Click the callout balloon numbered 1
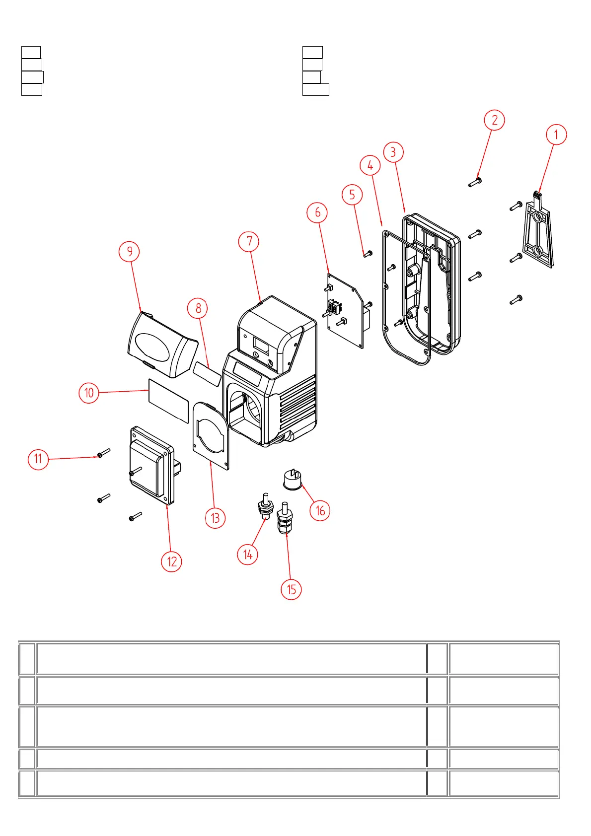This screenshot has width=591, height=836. [556, 135]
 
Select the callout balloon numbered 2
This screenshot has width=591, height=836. [494, 120]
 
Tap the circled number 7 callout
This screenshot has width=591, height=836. [249, 242]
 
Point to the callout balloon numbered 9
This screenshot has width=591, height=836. [129, 251]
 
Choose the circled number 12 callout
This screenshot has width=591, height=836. [171, 561]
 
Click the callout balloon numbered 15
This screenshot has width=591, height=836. [291, 589]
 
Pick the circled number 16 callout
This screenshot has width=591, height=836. [320, 510]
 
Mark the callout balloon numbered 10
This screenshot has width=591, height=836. [89, 393]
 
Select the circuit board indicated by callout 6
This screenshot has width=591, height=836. [346, 310]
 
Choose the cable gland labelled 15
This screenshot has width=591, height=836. [285, 519]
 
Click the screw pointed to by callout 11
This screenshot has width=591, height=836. [103, 453]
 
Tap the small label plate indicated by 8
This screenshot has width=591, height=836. [207, 374]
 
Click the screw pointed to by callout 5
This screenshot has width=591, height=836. [368, 254]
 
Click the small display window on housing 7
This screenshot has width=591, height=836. [261, 345]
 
